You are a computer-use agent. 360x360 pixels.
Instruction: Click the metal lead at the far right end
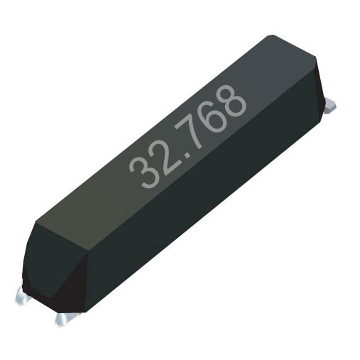coord(329,106)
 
